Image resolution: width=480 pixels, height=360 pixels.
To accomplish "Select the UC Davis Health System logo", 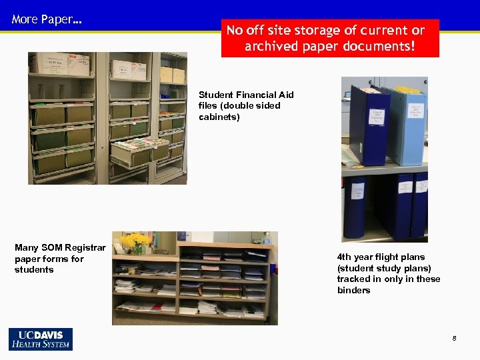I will point(41,339).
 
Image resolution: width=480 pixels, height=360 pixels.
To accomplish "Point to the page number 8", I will point(454,339).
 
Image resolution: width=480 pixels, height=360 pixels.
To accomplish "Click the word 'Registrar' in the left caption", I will point(85,248).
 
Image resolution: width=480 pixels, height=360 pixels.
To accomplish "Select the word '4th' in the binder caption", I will point(345,257).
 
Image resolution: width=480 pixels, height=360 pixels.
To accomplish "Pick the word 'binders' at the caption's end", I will point(353,290).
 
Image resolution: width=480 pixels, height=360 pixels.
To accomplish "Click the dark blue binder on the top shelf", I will point(371,127).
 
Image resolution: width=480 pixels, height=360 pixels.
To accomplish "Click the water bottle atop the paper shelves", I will point(266,239).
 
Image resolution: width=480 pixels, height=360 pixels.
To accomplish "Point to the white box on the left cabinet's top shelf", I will point(63,64).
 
